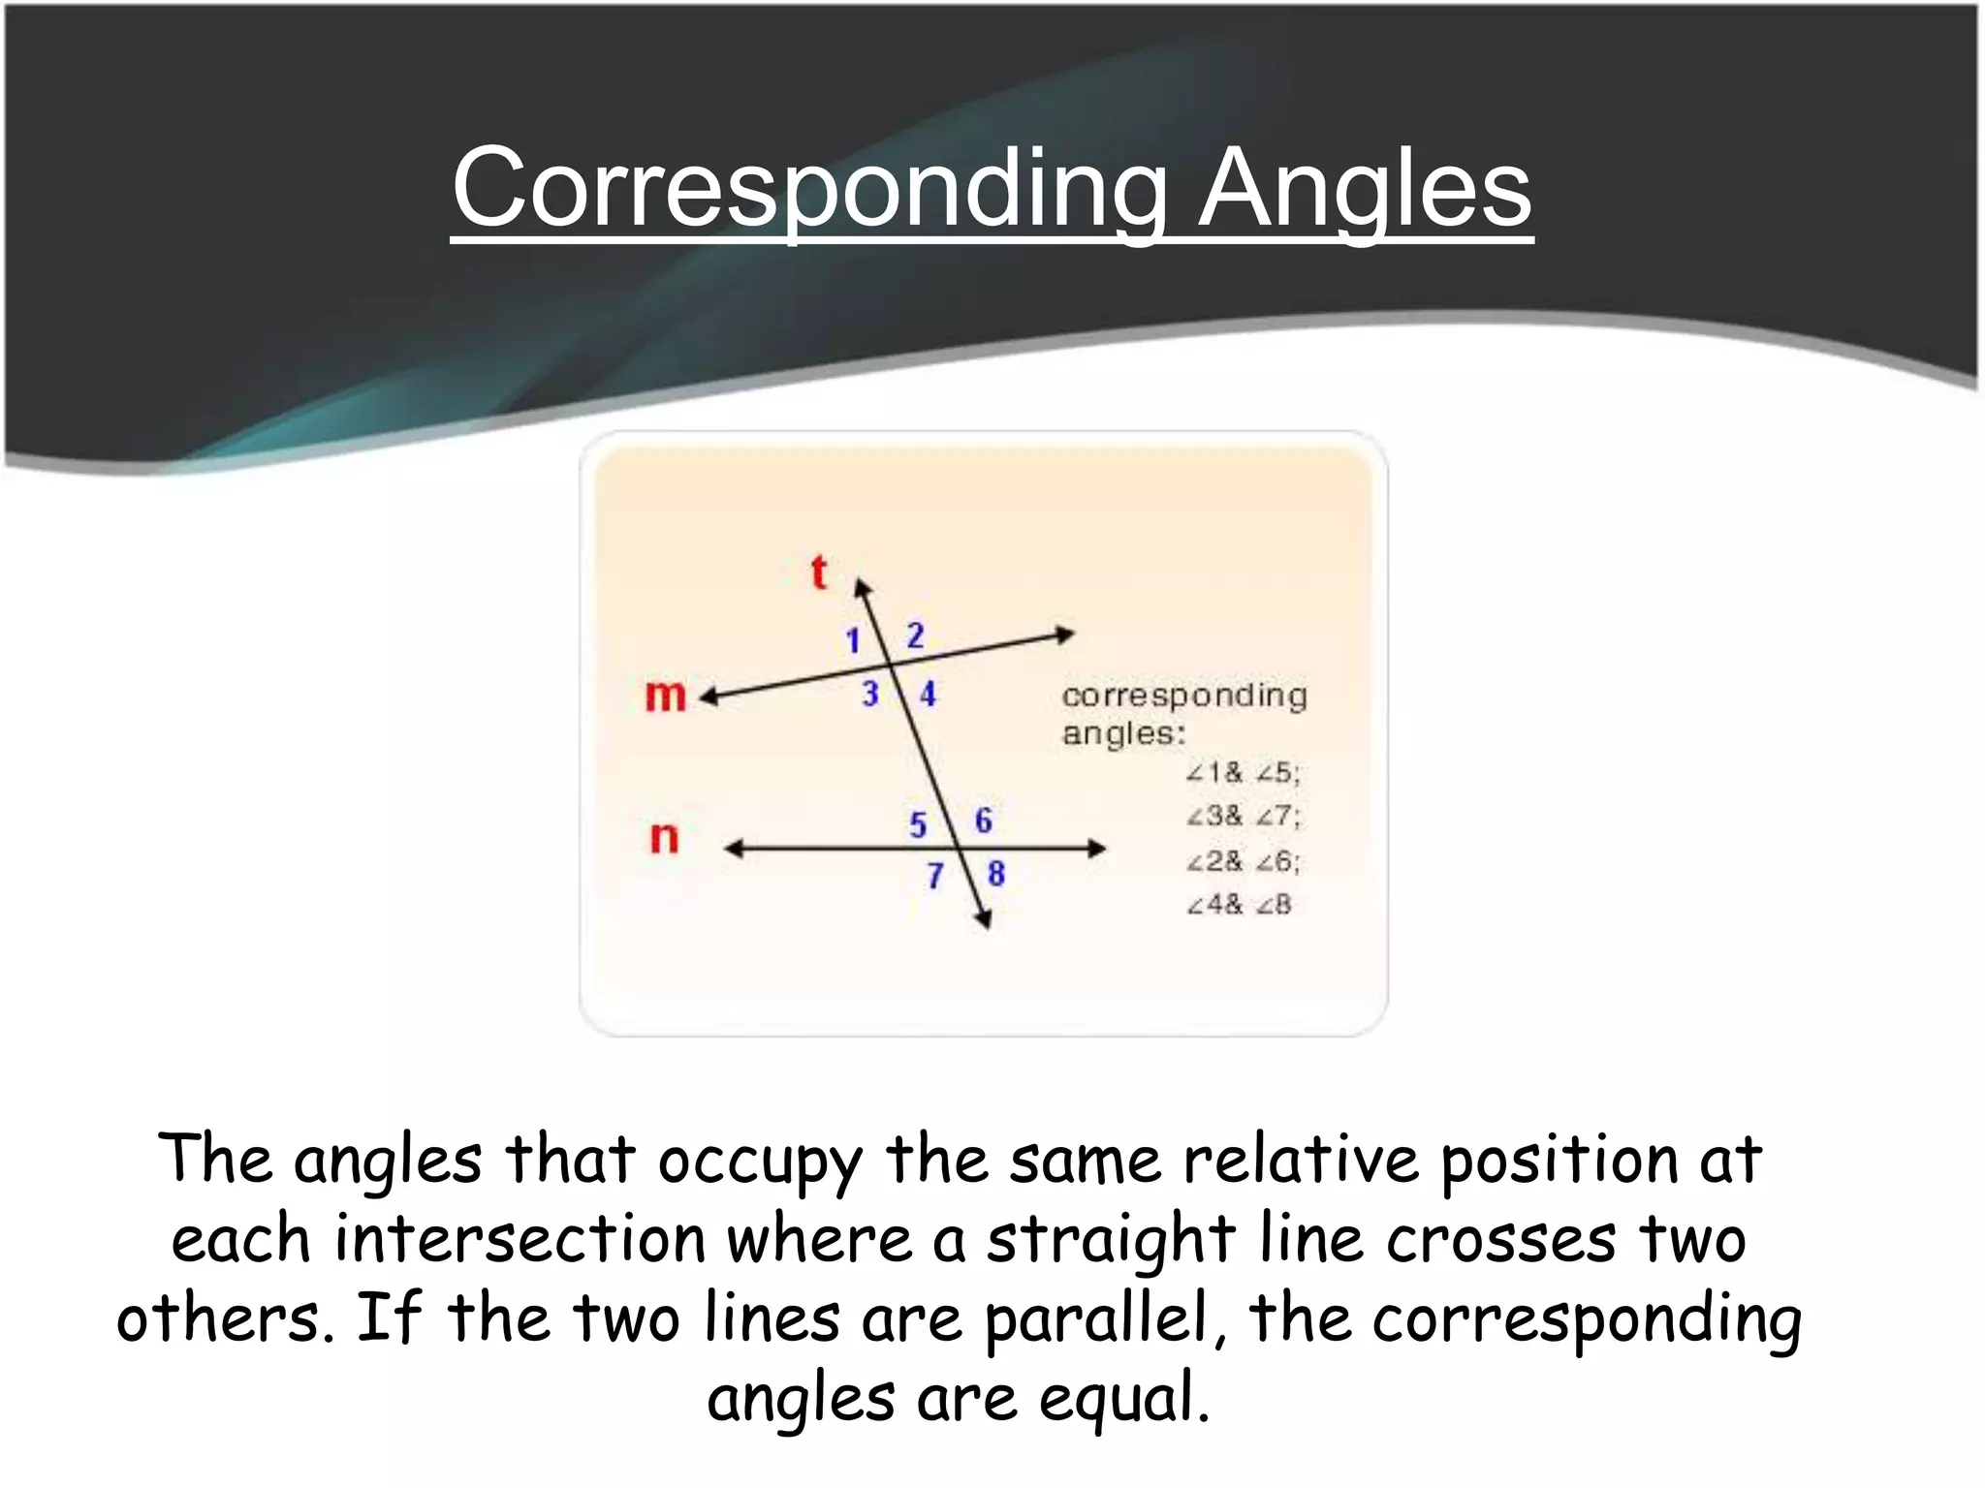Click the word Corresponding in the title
click(x=810, y=189)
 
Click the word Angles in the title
click(x=1365, y=189)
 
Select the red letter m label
click(x=665, y=695)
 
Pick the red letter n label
click(x=664, y=836)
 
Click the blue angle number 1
click(x=853, y=640)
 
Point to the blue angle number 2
click(x=915, y=635)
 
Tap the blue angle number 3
click(x=870, y=694)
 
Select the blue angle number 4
click(x=928, y=694)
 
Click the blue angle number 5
click(x=918, y=825)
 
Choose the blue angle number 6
click(x=983, y=821)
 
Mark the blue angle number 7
click(x=934, y=876)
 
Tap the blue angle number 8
click(x=996, y=874)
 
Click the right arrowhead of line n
click(x=1097, y=849)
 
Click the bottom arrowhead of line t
click(x=984, y=920)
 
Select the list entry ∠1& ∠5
click(x=1243, y=773)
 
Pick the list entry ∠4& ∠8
click(x=1239, y=905)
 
